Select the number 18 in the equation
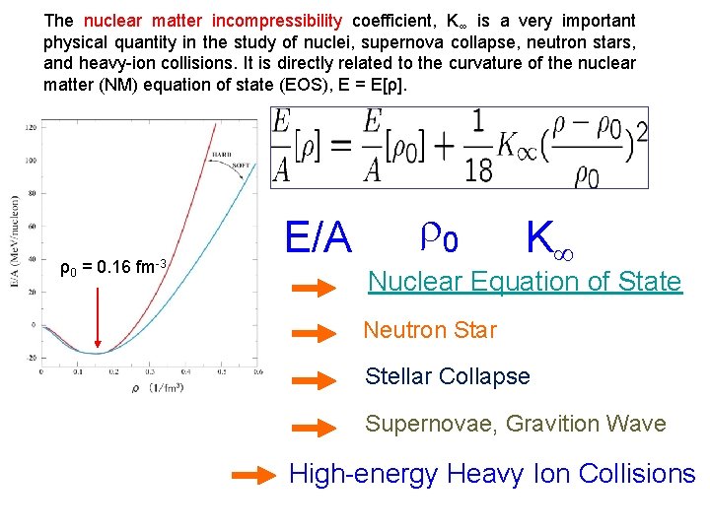pos(478,170)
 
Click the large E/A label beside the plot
pos(318,237)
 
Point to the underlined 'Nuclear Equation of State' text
pos(524,282)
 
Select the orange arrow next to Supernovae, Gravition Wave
pos(316,427)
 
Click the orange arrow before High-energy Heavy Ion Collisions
pos(253,476)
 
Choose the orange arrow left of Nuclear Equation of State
pos(316,288)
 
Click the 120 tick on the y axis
pos(32,128)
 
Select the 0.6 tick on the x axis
pos(259,371)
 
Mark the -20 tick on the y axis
pos(32,358)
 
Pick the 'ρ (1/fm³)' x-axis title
pos(148,385)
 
